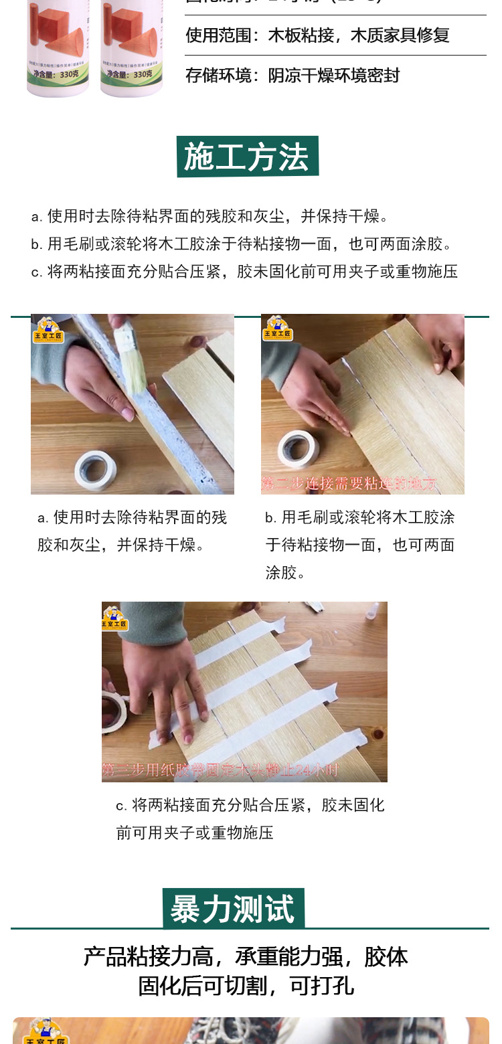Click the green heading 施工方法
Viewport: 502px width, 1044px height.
tap(247, 157)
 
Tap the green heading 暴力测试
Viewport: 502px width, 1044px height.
tap(233, 909)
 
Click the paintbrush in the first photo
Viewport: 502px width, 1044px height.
tap(133, 361)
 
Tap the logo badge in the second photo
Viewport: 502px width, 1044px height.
tap(278, 330)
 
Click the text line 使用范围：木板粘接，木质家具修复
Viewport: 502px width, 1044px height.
tap(317, 35)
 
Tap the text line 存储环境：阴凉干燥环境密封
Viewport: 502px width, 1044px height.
tap(292, 75)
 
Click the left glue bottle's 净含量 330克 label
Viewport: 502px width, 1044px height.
tap(58, 74)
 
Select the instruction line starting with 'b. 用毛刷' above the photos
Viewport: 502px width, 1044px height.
tap(242, 244)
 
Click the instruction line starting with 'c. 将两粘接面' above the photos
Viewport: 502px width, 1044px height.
tap(244, 272)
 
